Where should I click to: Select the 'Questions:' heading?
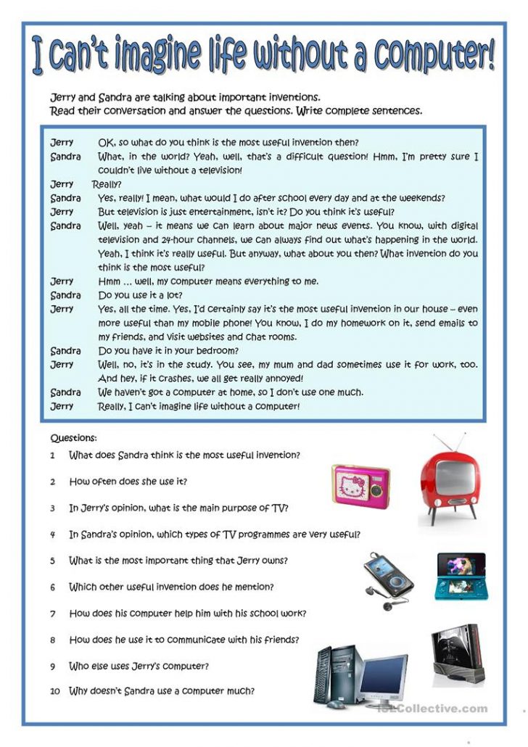tap(73, 438)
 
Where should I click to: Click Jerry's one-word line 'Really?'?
tap(107, 184)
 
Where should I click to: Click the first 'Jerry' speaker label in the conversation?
tap(62, 142)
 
